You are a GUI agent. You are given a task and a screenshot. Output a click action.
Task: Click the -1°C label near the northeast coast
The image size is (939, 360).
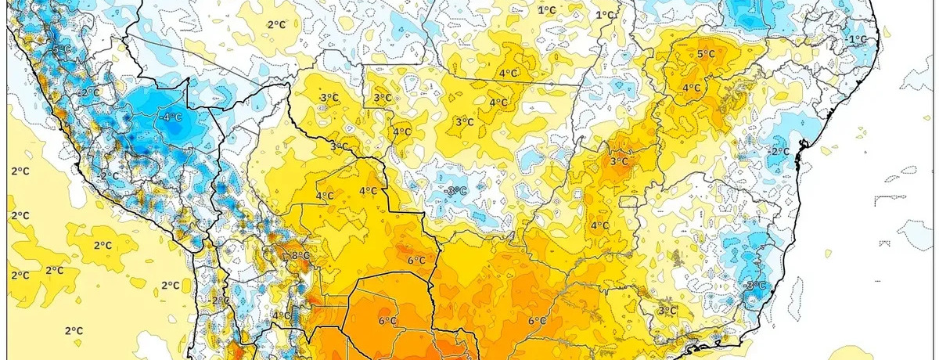(x=857, y=39)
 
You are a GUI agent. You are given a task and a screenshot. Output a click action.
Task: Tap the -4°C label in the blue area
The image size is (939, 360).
(x=171, y=117)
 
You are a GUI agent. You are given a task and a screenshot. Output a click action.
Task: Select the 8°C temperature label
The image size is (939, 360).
(x=300, y=256)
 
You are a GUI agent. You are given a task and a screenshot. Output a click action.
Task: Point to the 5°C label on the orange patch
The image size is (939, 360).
(x=707, y=54)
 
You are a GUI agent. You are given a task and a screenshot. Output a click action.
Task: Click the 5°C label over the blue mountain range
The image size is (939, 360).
(x=62, y=50)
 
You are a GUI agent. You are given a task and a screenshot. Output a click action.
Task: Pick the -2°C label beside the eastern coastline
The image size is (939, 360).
(x=779, y=151)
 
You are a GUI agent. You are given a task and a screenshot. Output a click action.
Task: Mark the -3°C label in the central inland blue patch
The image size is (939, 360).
(x=455, y=191)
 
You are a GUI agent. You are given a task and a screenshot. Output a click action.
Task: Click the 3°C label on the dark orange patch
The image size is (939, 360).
(x=619, y=161)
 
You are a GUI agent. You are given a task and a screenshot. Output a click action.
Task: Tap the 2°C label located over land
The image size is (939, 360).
(x=276, y=24)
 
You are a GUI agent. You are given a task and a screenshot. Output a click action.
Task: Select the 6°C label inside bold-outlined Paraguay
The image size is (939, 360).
(x=387, y=321)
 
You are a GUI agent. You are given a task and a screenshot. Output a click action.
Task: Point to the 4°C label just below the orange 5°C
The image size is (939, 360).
(x=692, y=88)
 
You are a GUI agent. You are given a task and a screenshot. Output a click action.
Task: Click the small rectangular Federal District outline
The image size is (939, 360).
(x=630, y=201)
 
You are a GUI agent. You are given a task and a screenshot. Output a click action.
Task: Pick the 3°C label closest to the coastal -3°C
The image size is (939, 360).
(x=667, y=311)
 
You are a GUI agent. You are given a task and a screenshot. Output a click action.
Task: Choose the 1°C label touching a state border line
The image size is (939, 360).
(x=605, y=15)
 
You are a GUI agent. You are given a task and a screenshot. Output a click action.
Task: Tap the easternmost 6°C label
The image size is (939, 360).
(x=537, y=321)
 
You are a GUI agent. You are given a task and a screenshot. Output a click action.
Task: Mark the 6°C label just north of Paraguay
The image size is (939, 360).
(x=416, y=261)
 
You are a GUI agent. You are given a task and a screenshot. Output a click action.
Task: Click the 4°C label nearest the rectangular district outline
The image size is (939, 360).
(x=599, y=225)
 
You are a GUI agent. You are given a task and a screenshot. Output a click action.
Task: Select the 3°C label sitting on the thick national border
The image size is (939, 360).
(x=340, y=146)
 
